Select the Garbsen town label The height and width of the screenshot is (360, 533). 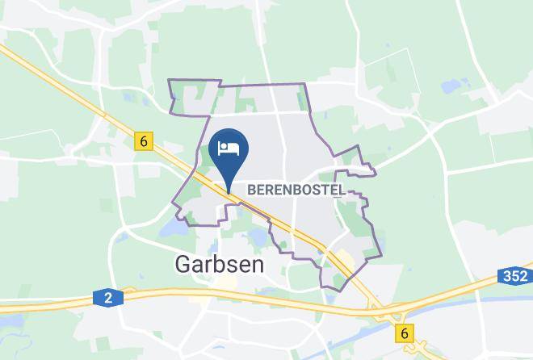point(214,264)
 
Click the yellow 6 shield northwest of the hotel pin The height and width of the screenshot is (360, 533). point(144,141)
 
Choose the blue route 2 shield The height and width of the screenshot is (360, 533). point(108,299)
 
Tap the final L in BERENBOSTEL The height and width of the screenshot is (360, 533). point(342,190)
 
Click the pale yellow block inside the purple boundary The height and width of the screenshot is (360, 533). point(342,258)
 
